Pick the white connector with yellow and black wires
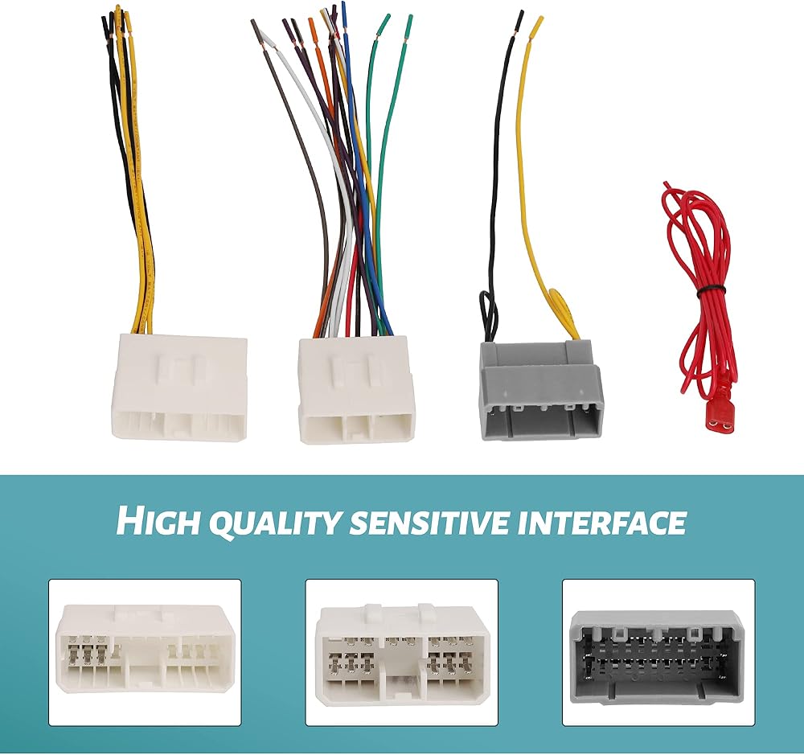[x=180, y=386]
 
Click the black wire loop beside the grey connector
[x=487, y=310]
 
